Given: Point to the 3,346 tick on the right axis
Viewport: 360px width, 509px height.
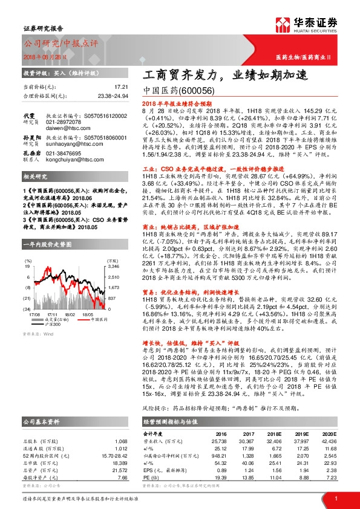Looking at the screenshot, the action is coord(96,248).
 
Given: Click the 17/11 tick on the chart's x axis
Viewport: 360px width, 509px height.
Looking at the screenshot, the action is coord(53,280).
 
